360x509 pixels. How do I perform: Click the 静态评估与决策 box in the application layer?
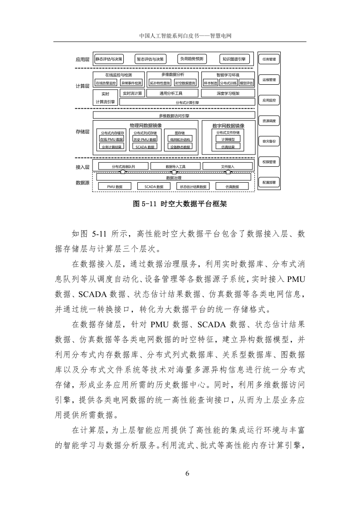coord(108,59)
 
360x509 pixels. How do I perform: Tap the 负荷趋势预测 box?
coord(192,59)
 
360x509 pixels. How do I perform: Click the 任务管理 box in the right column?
coord(269,59)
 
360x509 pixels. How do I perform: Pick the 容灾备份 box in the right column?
coord(269,141)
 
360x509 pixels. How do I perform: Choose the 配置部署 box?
coord(269,182)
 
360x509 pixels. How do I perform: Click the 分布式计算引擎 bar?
coord(187,102)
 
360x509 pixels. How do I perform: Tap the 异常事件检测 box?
coord(131,83)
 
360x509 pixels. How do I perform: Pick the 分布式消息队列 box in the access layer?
coord(123,167)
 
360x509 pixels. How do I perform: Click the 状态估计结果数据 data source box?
coord(193,186)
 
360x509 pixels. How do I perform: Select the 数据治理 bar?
coord(174,178)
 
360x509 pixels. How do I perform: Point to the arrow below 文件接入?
coord(227,172)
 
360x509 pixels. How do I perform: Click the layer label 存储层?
coord(83,132)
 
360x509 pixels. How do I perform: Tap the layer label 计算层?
coord(83,86)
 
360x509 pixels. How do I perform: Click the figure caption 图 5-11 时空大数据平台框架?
coord(180,204)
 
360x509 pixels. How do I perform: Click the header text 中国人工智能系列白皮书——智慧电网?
coord(180,35)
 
